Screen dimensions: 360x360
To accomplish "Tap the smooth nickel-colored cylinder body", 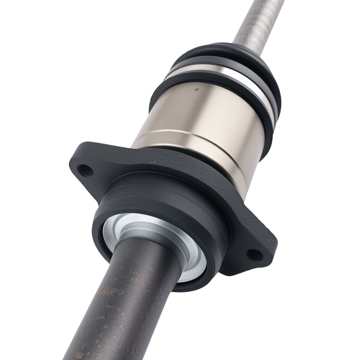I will (202, 115).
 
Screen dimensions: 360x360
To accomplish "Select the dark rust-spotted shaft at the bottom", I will (119, 306).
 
